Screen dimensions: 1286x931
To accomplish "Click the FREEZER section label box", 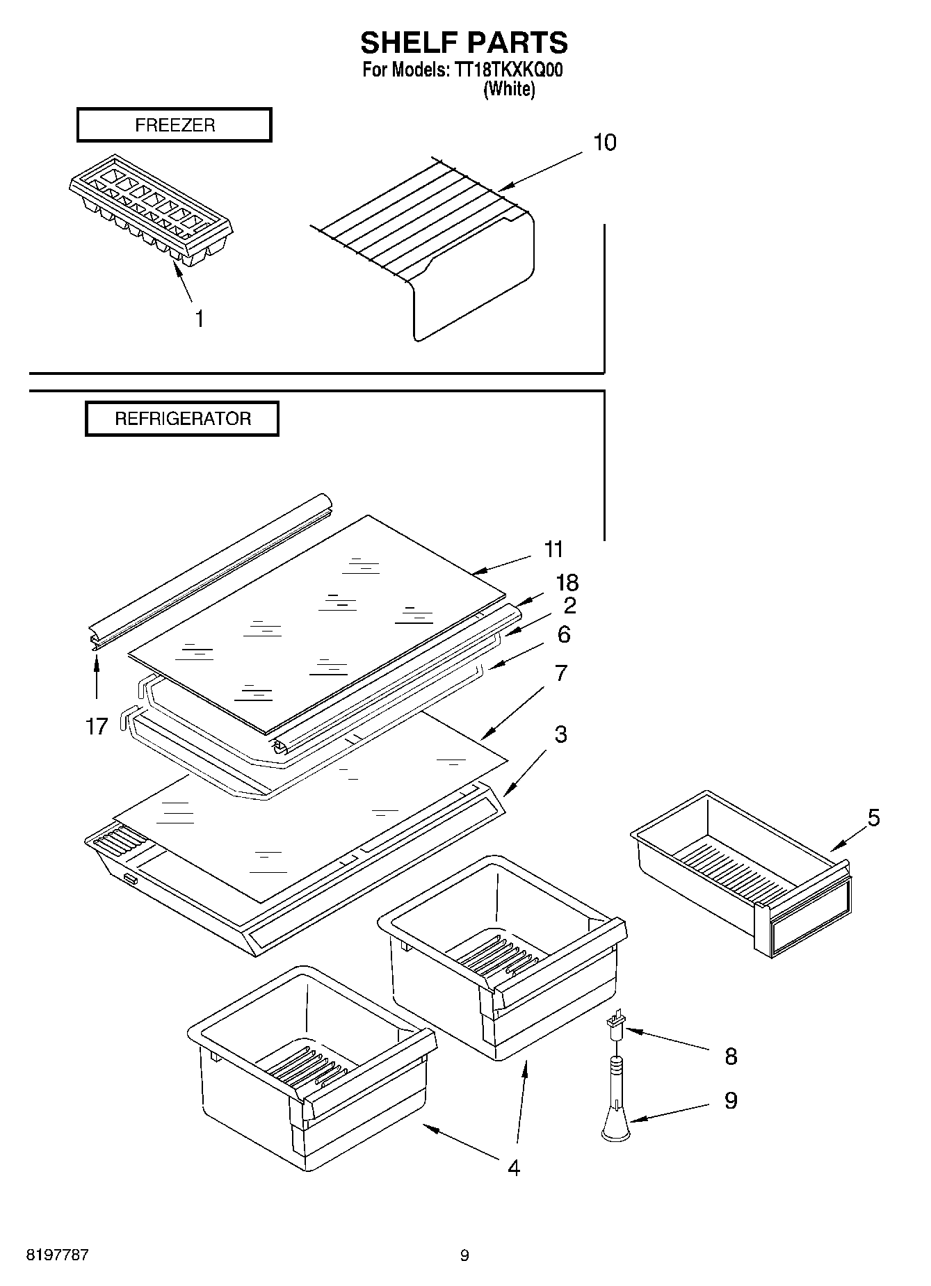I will [174, 125].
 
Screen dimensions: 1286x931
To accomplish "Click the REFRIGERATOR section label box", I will [182, 419].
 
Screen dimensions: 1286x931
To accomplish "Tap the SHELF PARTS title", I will [464, 43].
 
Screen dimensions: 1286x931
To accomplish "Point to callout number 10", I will [604, 143].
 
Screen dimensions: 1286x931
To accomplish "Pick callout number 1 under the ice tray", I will [200, 319].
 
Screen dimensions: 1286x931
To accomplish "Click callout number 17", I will [97, 727].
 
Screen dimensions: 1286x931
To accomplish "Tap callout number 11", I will [553, 549].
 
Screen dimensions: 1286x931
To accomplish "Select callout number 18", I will [567, 583].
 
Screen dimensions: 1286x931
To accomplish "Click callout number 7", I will [560, 673].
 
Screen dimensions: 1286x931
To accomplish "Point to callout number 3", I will [560, 734].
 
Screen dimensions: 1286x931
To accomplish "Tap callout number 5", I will [873, 818].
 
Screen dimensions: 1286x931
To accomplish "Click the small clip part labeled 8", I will [615, 1026].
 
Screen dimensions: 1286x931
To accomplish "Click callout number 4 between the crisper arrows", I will [513, 1168].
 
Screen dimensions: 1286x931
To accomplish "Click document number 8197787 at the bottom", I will [57, 1255].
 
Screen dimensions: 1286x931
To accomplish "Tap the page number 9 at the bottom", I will [464, 1255].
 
